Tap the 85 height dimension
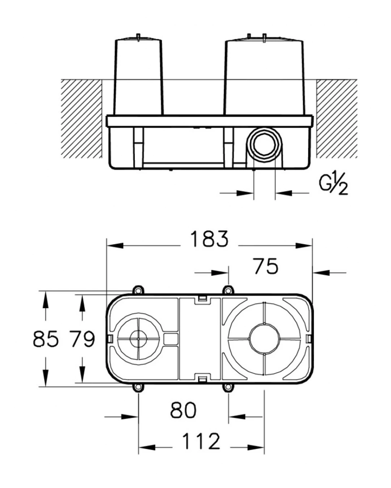[x=45, y=339]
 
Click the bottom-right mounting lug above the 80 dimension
[x=228, y=388]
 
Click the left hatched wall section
[x=81, y=119]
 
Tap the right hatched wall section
[x=336, y=119]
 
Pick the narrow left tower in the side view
[x=138, y=76]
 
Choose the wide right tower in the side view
[x=264, y=76]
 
